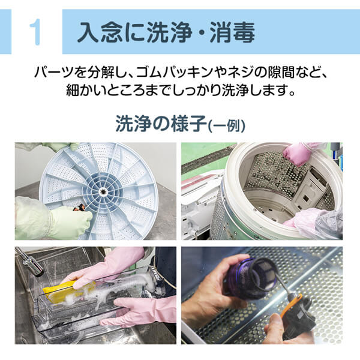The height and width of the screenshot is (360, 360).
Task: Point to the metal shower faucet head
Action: tap(30, 263)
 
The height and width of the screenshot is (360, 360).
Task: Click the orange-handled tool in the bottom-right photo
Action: tap(288, 305)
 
